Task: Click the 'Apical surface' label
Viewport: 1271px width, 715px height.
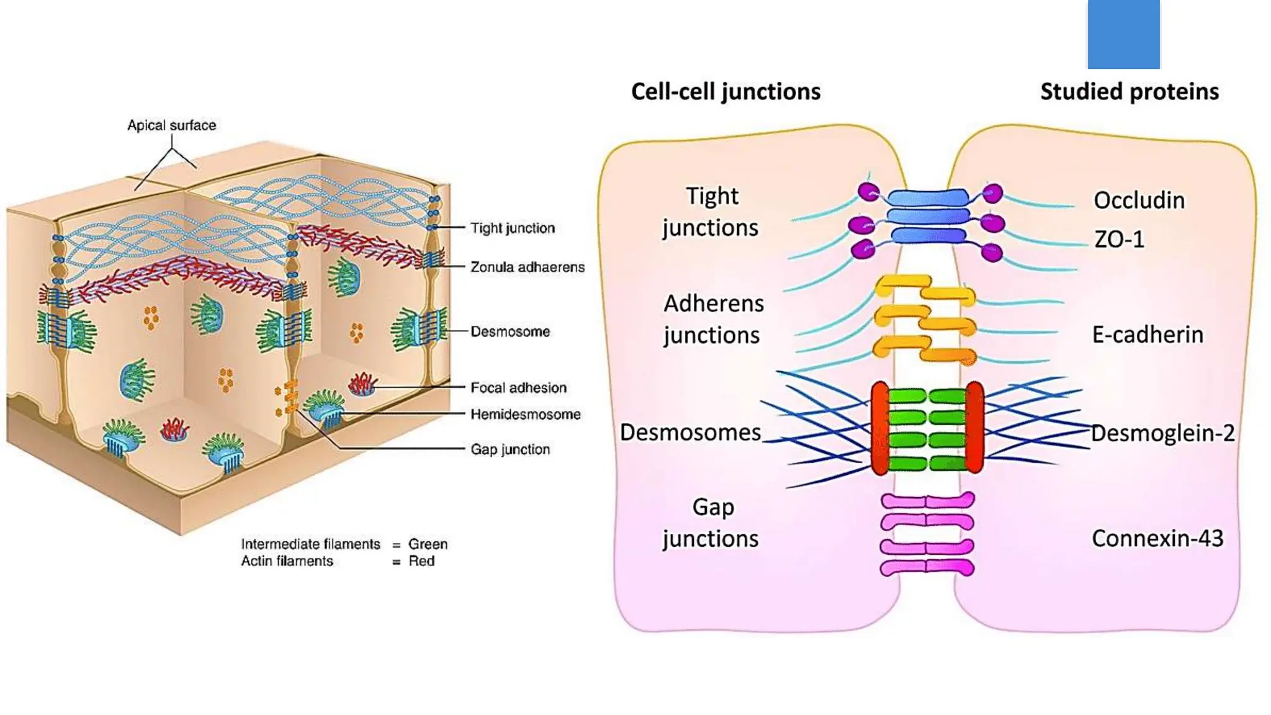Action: point(171,125)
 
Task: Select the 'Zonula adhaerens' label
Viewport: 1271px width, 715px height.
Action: point(527,267)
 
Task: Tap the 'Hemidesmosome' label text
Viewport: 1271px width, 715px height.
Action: point(525,414)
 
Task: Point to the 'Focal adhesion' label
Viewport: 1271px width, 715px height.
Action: point(518,387)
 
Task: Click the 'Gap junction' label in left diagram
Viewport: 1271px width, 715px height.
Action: point(510,449)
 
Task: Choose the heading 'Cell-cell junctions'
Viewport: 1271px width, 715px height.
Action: point(725,91)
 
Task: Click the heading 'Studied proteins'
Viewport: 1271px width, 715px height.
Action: point(1129,91)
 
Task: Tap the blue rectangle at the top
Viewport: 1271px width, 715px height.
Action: point(1123,34)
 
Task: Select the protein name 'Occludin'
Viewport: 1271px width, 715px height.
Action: point(1139,200)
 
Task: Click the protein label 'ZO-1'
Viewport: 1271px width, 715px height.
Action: point(1119,239)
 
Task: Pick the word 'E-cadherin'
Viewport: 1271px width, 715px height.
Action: point(1147,334)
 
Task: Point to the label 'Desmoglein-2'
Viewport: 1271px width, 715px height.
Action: point(1162,433)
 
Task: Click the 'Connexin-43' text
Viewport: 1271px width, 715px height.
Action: point(1157,538)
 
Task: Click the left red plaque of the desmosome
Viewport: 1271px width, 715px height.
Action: point(879,428)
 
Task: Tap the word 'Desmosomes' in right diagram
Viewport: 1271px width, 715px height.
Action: point(690,432)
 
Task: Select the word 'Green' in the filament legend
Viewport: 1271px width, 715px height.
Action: point(428,544)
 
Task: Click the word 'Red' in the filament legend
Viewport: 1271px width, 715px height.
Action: point(421,561)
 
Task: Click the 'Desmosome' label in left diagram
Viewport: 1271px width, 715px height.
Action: point(510,331)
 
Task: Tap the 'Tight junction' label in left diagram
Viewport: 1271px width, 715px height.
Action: point(512,228)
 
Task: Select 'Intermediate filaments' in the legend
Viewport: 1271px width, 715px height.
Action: point(310,544)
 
